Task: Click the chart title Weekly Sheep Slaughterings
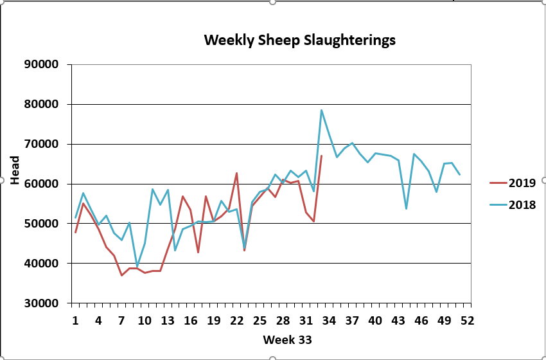point(299,40)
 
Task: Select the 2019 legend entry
point(522,183)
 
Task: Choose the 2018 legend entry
point(522,205)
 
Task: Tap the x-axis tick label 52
point(467,320)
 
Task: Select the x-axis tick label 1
point(76,320)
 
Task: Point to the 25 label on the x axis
point(260,320)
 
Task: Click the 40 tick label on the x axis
point(375,320)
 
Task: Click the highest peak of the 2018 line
point(321,110)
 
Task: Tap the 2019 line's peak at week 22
point(236,173)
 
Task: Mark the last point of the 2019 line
point(321,156)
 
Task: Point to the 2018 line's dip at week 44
point(406,208)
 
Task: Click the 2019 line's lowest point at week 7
point(121,275)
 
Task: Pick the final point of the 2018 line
point(459,174)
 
